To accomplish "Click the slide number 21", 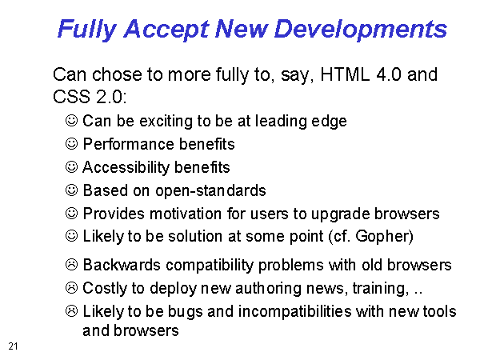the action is (13, 346).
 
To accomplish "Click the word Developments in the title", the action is (361, 29).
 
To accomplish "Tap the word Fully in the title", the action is (87, 30).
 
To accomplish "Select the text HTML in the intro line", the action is (345, 74).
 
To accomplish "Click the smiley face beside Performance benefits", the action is (72, 143).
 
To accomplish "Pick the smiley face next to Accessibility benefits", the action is (72, 167).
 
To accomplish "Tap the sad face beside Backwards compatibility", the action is (72, 265).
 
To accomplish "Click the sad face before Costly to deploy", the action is (72, 288).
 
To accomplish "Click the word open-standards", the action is (210, 190).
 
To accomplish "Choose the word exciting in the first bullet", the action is (166, 121).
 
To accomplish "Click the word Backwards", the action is (122, 265).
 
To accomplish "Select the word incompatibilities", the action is (294, 312).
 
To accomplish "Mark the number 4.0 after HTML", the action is (389, 74).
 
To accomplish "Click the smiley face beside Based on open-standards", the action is (72, 190).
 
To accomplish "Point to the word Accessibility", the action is (126, 167).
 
